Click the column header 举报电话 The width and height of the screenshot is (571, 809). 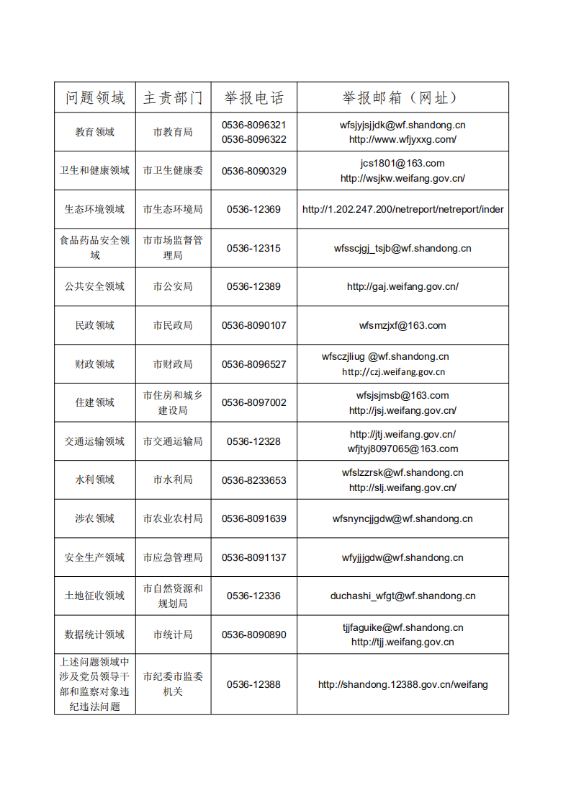253,97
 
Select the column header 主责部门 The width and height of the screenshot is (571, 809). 173,97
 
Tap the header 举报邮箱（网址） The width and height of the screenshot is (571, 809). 403,97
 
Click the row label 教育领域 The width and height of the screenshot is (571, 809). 95,132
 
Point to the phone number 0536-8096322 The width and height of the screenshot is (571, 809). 253,139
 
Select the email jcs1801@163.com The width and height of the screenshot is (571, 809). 403,163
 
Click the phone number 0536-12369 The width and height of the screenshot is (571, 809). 253,209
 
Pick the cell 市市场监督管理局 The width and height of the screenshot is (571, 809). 173,247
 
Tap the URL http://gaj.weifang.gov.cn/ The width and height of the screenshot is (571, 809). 403,286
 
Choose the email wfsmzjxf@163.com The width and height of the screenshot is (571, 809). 403,325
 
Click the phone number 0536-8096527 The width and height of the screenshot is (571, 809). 253,364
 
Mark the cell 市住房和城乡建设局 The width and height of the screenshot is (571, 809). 173,402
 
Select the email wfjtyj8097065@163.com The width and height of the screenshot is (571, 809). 403,448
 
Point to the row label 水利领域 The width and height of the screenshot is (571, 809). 95,479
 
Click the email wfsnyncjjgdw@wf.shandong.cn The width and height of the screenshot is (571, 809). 403,518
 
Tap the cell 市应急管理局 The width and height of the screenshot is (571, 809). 173,557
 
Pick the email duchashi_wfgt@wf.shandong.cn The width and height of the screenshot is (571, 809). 403,596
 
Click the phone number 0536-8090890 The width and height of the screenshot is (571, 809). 253,635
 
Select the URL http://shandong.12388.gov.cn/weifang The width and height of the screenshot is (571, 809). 403,684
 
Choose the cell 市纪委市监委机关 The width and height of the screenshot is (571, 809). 173,684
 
